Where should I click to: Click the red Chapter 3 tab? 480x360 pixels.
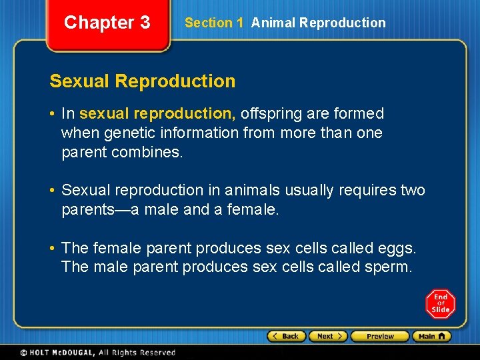107,23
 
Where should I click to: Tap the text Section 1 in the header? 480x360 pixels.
213,23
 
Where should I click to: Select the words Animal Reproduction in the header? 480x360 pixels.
318,23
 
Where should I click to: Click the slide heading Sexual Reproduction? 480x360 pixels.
142,81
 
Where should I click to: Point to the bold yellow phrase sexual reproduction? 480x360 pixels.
157,114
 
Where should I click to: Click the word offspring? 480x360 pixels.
271,114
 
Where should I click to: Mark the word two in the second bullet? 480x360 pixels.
411,191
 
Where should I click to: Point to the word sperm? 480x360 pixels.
391,268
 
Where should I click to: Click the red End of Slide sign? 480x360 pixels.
440,304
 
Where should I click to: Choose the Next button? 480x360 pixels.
328,336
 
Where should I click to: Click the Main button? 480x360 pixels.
431,336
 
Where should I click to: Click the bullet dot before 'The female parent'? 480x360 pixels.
53,249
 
